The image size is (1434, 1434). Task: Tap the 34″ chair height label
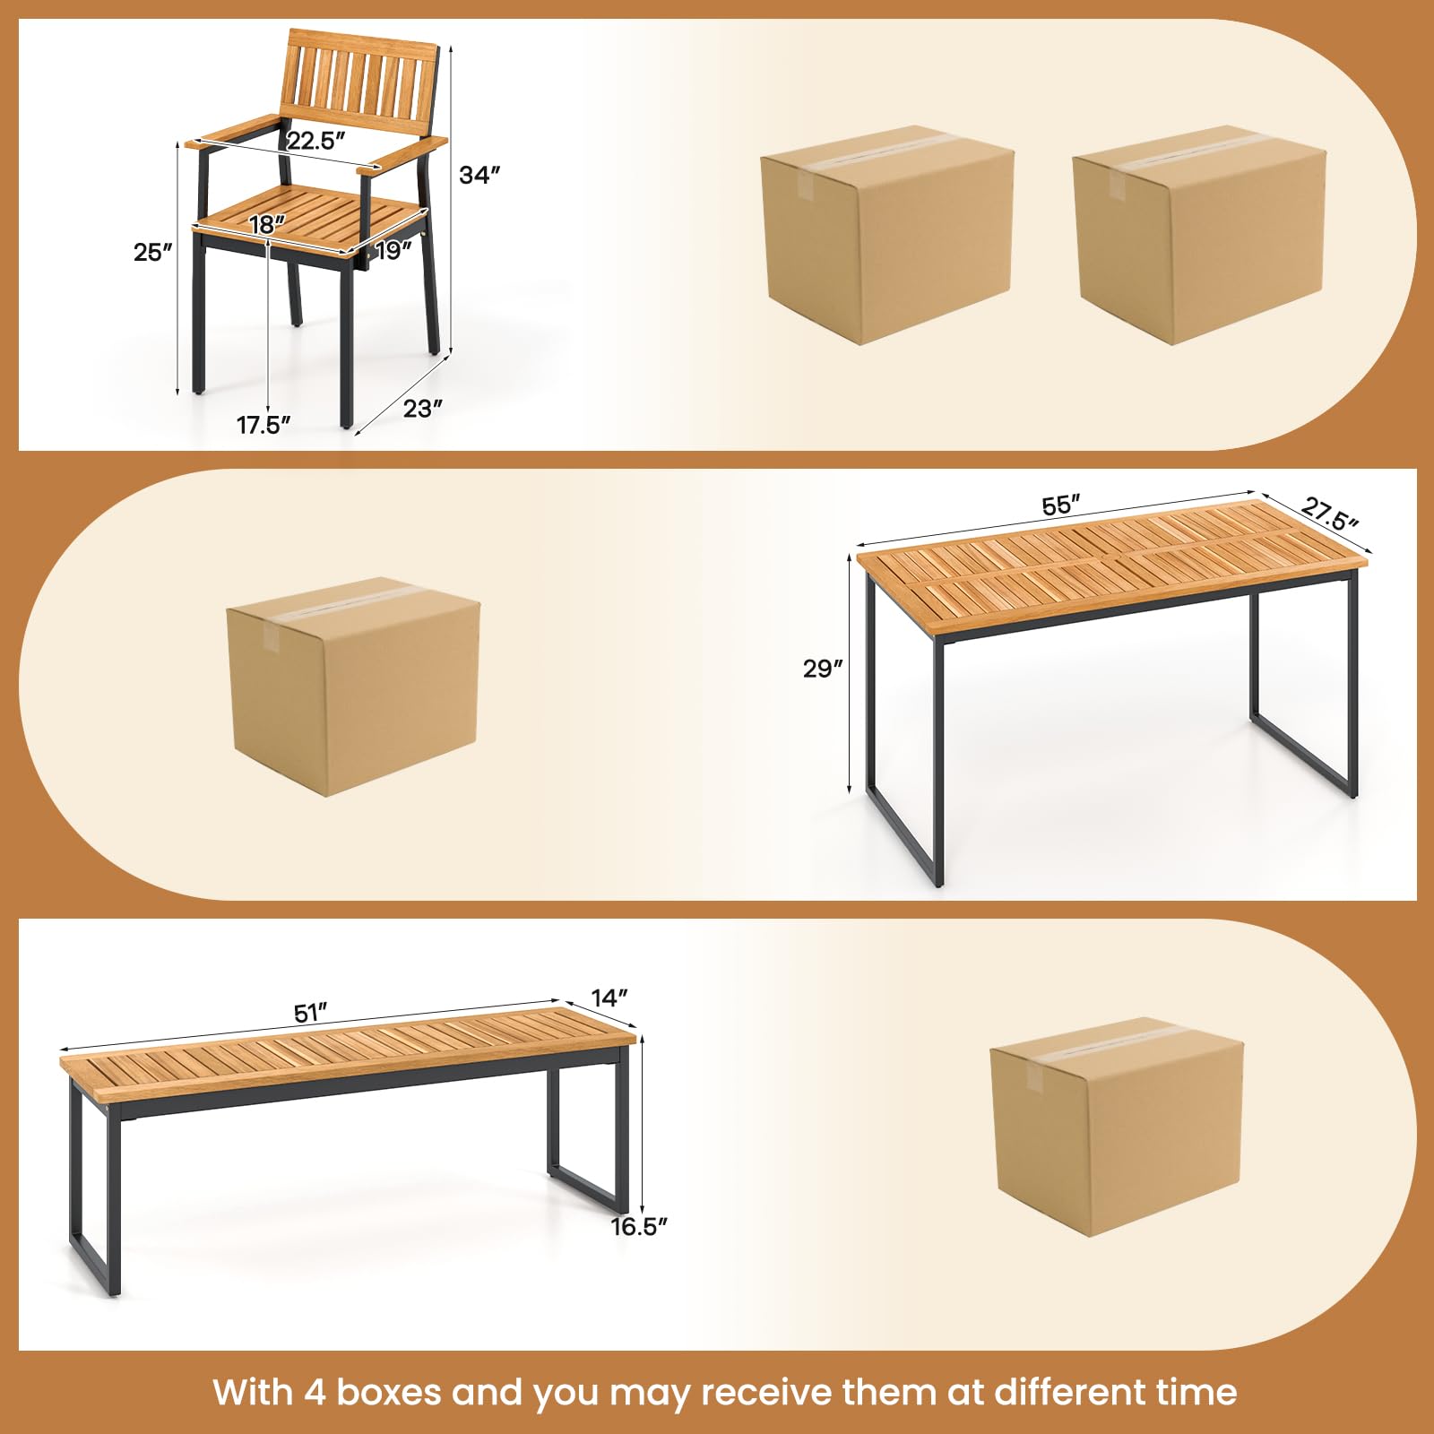click(x=479, y=175)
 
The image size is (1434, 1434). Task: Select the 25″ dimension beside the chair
click(x=153, y=253)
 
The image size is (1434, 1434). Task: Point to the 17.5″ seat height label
click(x=264, y=425)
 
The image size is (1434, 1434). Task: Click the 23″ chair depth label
click(x=423, y=408)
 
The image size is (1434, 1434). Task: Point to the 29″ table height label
click(x=824, y=669)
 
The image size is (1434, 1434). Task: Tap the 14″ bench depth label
click(x=609, y=998)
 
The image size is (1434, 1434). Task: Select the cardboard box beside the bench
click(x=1118, y=1127)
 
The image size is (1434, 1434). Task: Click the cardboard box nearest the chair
click(x=888, y=235)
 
